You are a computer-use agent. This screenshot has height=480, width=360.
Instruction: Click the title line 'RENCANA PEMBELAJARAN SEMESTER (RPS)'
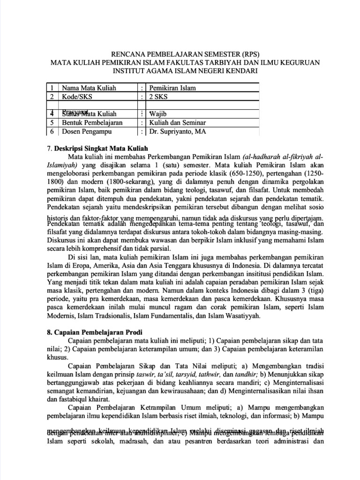point(180,53)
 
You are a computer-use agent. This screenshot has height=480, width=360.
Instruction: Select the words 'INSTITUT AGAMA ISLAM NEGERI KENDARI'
point(180,71)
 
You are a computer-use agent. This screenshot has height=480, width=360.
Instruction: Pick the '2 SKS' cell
point(159,96)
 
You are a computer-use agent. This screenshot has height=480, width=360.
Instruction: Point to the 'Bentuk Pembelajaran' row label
point(92,122)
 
